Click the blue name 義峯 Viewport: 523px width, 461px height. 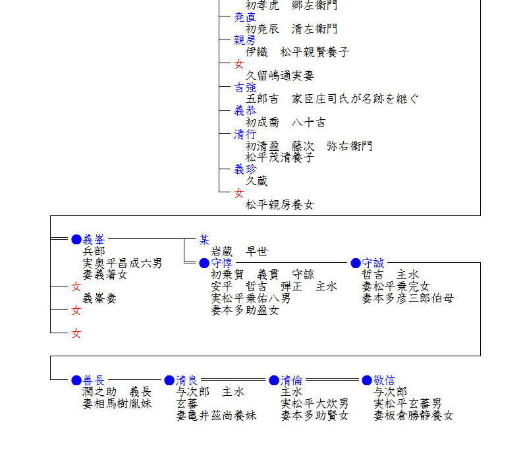[x=94, y=240]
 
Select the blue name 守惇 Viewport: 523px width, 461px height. [x=221, y=263]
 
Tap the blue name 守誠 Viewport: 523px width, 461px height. [x=373, y=263]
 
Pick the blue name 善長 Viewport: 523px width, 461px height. [x=94, y=381]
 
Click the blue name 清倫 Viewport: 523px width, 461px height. [x=292, y=381]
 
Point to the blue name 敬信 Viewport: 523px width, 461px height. [x=384, y=381]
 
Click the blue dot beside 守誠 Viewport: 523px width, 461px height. [x=356, y=263]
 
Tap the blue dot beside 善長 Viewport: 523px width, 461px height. [x=76, y=381]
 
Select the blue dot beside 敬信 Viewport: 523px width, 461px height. [x=367, y=381]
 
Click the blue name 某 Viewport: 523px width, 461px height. [x=205, y=240]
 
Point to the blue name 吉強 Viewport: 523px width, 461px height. [x=245, y=88]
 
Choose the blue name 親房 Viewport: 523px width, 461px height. [x=245, y=40]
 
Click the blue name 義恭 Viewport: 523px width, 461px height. [x=245, y=111]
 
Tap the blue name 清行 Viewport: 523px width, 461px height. [x=245, y=134]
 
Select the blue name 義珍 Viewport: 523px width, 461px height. [x=245, y=170]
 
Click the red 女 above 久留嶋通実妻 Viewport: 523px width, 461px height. [x=239, y=64]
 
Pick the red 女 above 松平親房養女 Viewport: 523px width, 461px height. [x=239, y=194]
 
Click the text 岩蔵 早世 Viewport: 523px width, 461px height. [x=239, y=252]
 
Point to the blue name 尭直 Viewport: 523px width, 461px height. [x=245, y=17]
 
